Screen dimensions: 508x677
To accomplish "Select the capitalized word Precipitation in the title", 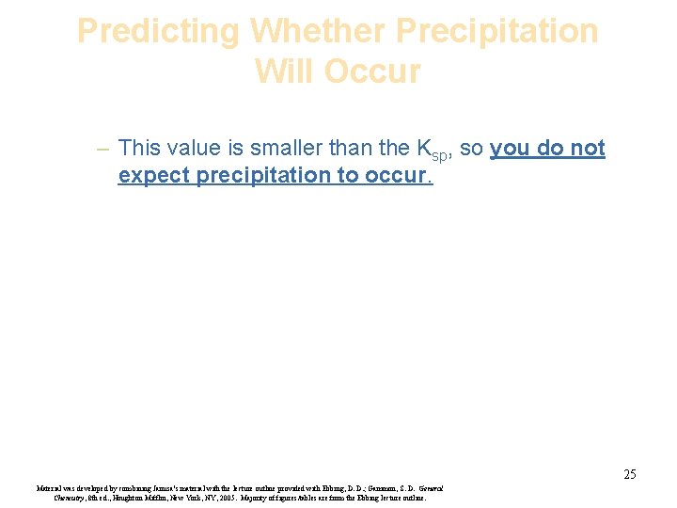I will [x=497, y=31].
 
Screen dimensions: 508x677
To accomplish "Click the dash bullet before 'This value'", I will [x=102, y=149].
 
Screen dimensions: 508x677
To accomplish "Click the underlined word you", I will [x=510, y=148].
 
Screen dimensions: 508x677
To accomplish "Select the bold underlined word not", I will [x=587, y=148].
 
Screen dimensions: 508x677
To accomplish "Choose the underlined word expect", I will [x=154, y=175].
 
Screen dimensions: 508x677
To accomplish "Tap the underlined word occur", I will [x=396, y=175].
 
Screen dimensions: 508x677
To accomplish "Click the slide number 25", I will [x=629, y=474].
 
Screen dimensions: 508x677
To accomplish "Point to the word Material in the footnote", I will [x=51, y=488].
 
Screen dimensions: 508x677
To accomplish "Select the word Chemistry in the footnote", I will [x=71, y=498].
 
